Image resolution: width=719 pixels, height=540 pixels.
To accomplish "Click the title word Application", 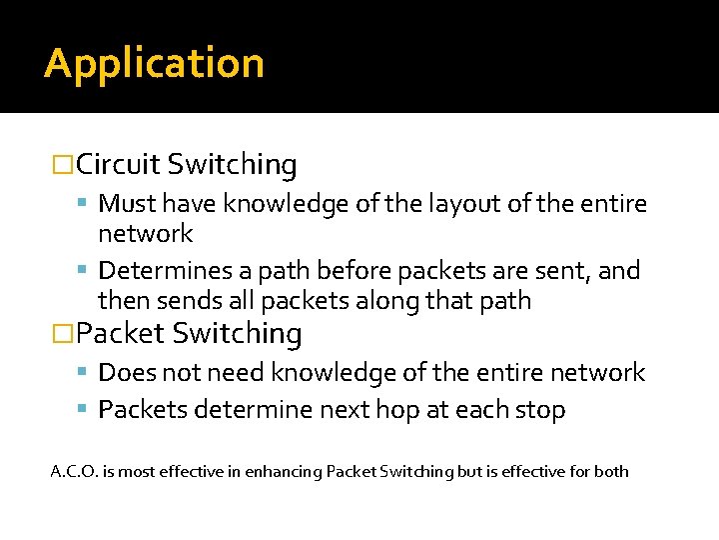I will (x=154, y=64).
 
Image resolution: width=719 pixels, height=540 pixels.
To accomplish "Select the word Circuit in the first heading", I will (x=118, y=164).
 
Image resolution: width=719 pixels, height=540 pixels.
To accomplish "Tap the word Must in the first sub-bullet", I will (x=125, y=204).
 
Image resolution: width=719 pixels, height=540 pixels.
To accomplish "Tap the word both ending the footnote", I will (x=611, y=470).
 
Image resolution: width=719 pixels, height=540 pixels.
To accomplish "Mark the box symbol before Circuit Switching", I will (x=63, y=164).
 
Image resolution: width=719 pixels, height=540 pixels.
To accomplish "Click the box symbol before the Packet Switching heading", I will (x=63, y=333).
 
